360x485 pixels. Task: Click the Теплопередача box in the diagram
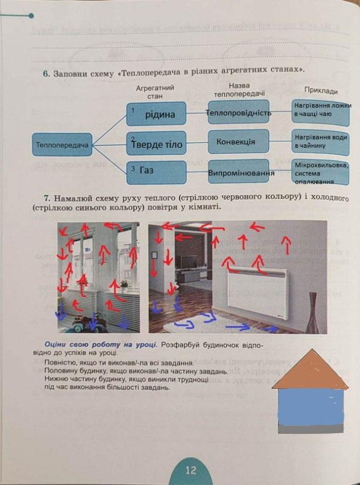(x=61, y=144)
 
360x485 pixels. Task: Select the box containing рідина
(x=156, y=114)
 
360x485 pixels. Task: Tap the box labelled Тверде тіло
(x=156, y=144)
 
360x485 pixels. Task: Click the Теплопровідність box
(x=238, y=113)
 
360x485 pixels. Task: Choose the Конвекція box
(x=238, y=142)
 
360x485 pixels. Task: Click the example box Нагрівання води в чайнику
(x=321, y=142)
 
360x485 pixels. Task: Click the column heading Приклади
(x=321, y=91)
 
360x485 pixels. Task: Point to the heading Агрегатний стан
(x=155, y=92)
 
